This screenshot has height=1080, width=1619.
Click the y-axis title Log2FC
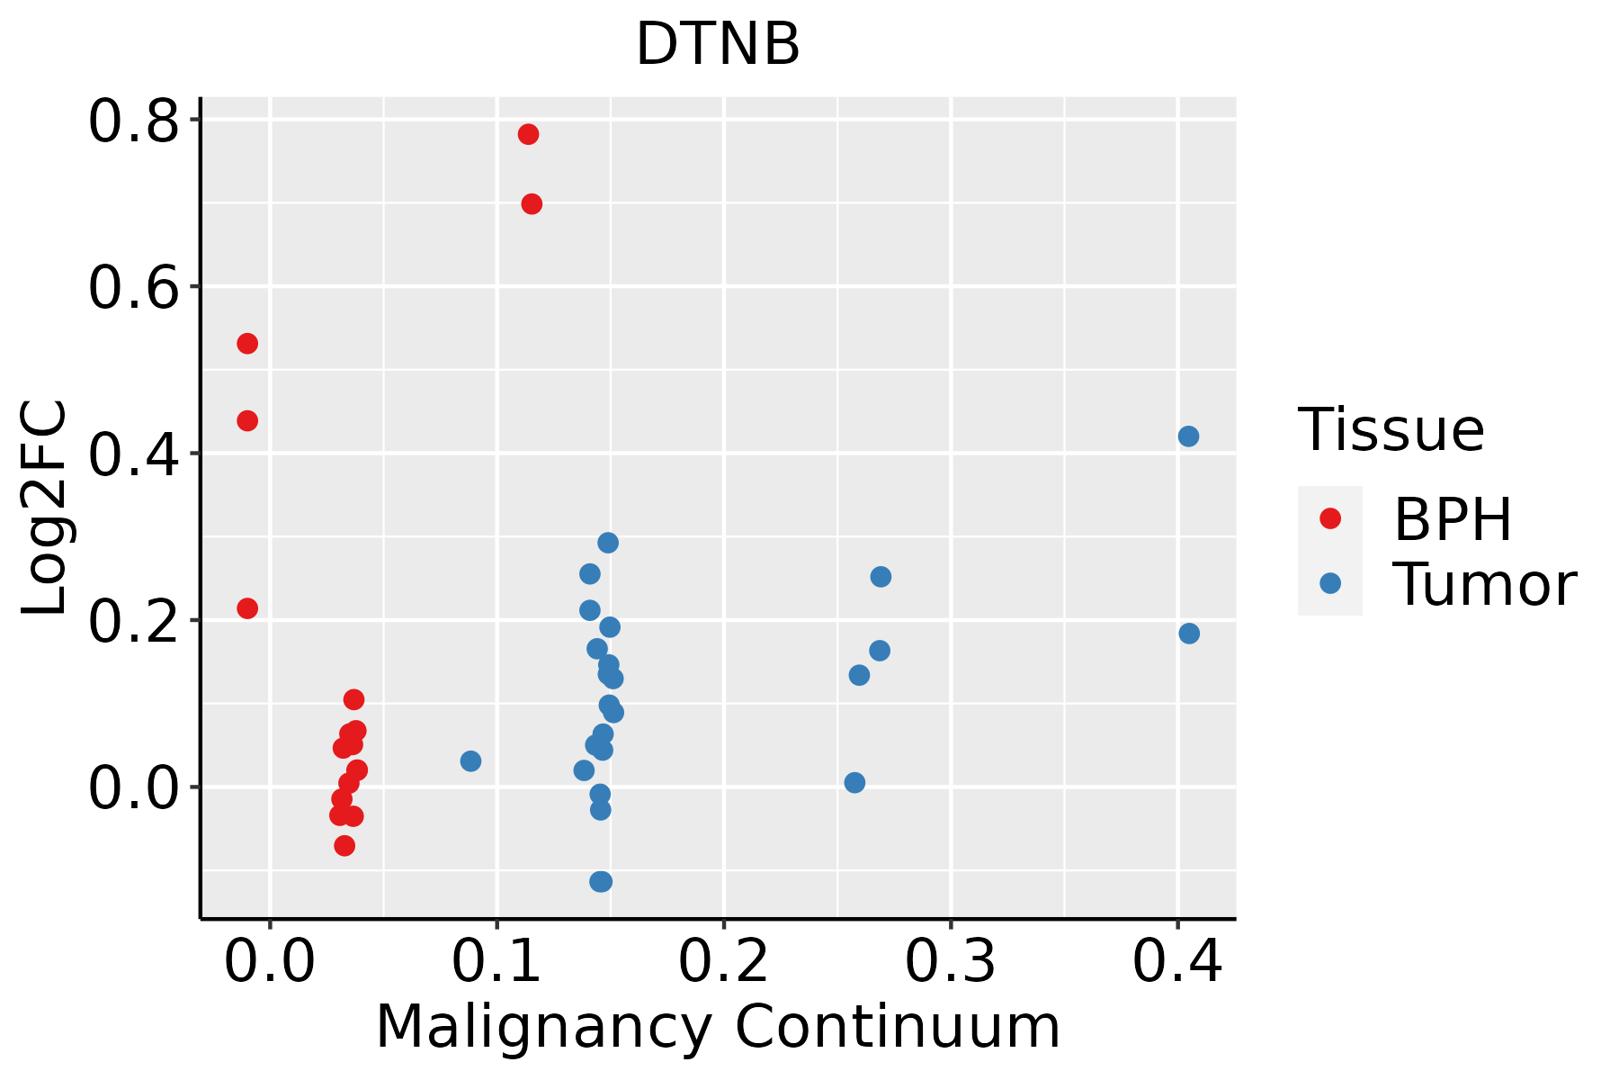pos(45,508)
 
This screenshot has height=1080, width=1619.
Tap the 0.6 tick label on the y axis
pos(133,288)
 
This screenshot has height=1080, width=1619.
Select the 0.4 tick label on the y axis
pos(133,454)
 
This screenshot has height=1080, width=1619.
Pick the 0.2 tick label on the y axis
pos(133,621)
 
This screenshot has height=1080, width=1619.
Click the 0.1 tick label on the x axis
pos(496,961)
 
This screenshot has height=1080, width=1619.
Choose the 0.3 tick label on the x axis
pos(950,961)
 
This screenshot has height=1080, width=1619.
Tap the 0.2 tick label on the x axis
pos(723,961)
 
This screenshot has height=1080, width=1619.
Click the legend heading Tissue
pos(1391,430)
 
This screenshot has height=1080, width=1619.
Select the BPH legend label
pos(1453,519)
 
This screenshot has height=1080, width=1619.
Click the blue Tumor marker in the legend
pos(1329,583)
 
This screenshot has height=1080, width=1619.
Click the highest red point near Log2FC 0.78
pos(528,134)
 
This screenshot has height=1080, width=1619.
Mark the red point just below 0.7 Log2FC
pos(532,204)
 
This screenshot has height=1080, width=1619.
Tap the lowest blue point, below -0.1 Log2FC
pos(601,881)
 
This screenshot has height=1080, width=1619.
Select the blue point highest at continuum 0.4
pos(1188,436)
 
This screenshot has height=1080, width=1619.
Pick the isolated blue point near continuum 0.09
pos(470,761)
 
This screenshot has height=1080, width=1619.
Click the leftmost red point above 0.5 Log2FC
pos(247,344)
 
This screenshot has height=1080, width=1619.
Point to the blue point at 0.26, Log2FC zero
pos(854,783)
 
